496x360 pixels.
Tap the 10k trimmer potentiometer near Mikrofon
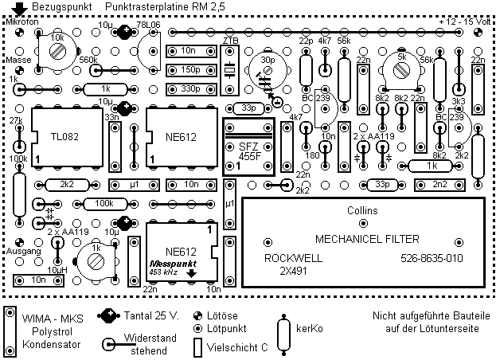point(57,49)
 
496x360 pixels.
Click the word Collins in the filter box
point(364,210)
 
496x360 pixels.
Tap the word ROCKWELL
point(289,259)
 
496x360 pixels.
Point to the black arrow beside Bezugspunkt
point(18,9)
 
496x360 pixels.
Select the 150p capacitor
point(189,69)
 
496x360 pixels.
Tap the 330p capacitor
point(189,88)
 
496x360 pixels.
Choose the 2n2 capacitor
point(439,185)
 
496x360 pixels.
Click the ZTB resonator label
point(231,40)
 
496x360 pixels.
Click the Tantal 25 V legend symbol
point(108,315)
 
